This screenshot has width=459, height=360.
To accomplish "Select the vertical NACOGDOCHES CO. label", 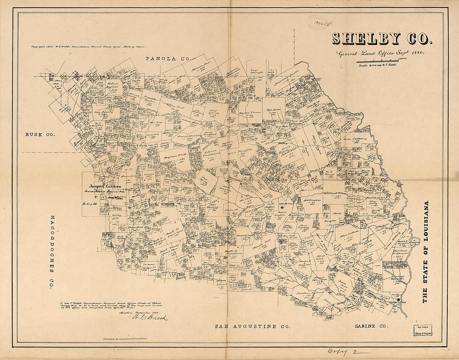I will coord(52,252).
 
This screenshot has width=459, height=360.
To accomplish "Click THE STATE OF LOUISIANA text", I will coord(425,252).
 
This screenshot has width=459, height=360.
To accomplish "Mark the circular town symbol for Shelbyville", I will coord(282,207).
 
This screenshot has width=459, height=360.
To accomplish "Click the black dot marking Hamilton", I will coord(398,300).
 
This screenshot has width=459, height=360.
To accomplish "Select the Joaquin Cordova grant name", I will coord(104,186).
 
